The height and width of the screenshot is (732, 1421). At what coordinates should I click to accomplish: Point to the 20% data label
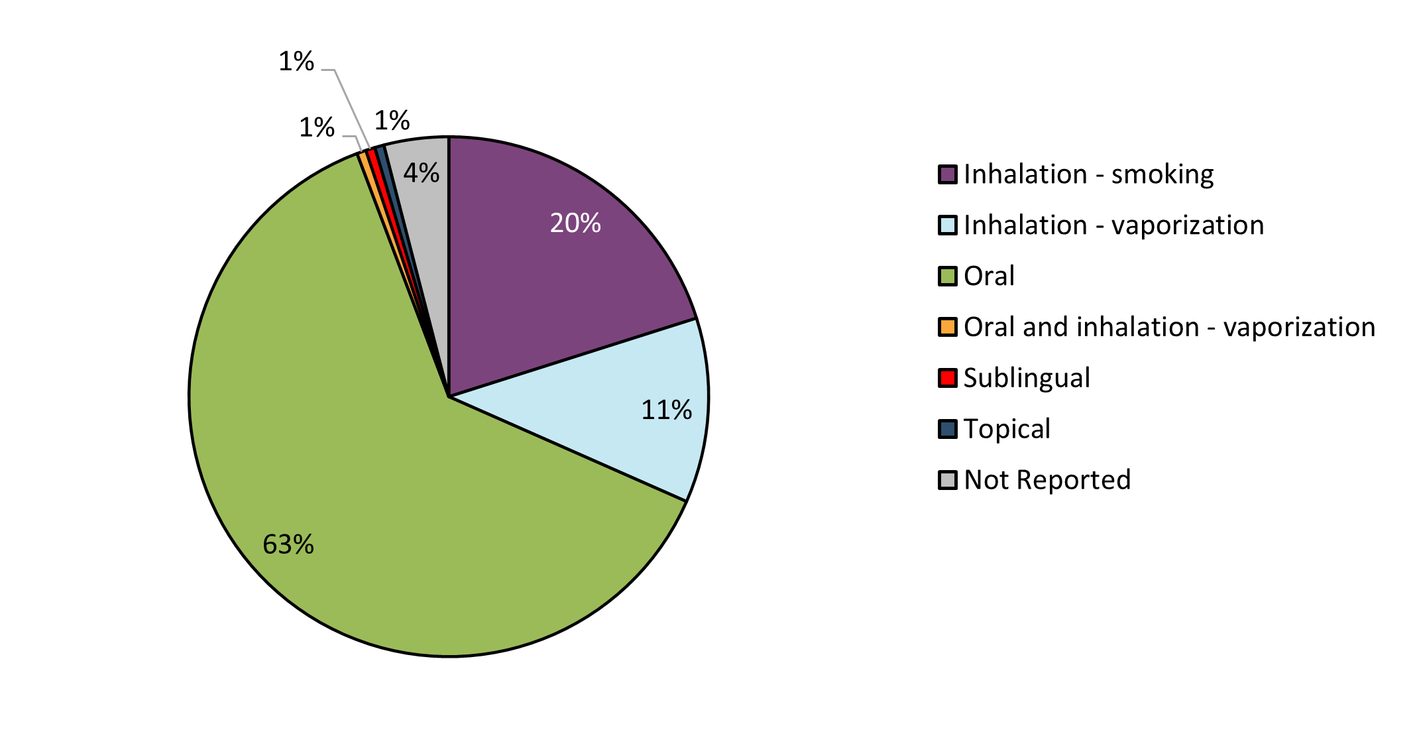click(x=575, y=223)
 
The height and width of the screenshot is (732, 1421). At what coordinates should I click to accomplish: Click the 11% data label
click(x=666, y=410)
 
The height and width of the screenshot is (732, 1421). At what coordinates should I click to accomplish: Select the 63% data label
click(x=288, y=545)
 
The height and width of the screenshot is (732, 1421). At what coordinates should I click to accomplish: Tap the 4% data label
click(x=422, y=174)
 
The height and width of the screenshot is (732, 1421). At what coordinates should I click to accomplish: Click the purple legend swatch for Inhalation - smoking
click(x=948, y=175)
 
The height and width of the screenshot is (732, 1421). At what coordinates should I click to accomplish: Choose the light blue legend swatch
click(x=948, y=225)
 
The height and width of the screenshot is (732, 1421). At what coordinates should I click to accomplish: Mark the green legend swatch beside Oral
click(x=948, y=276)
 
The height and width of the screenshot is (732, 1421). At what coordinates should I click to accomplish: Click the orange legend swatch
click(x=948, y=328)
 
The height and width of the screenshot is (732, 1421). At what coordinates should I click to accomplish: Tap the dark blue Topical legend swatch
click(x=948, y=429)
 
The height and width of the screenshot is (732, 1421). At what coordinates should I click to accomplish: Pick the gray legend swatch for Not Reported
click(x=948, y=480)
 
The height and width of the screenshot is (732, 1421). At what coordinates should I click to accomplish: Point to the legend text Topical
click(x=1007, y=429)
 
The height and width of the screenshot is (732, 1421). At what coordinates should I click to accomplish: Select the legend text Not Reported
click(x=1047, y=480)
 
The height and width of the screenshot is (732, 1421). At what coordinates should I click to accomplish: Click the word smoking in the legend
click(x=1163, y=175)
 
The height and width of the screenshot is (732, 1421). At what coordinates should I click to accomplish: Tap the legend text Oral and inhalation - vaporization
click(x=1169, y=328)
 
